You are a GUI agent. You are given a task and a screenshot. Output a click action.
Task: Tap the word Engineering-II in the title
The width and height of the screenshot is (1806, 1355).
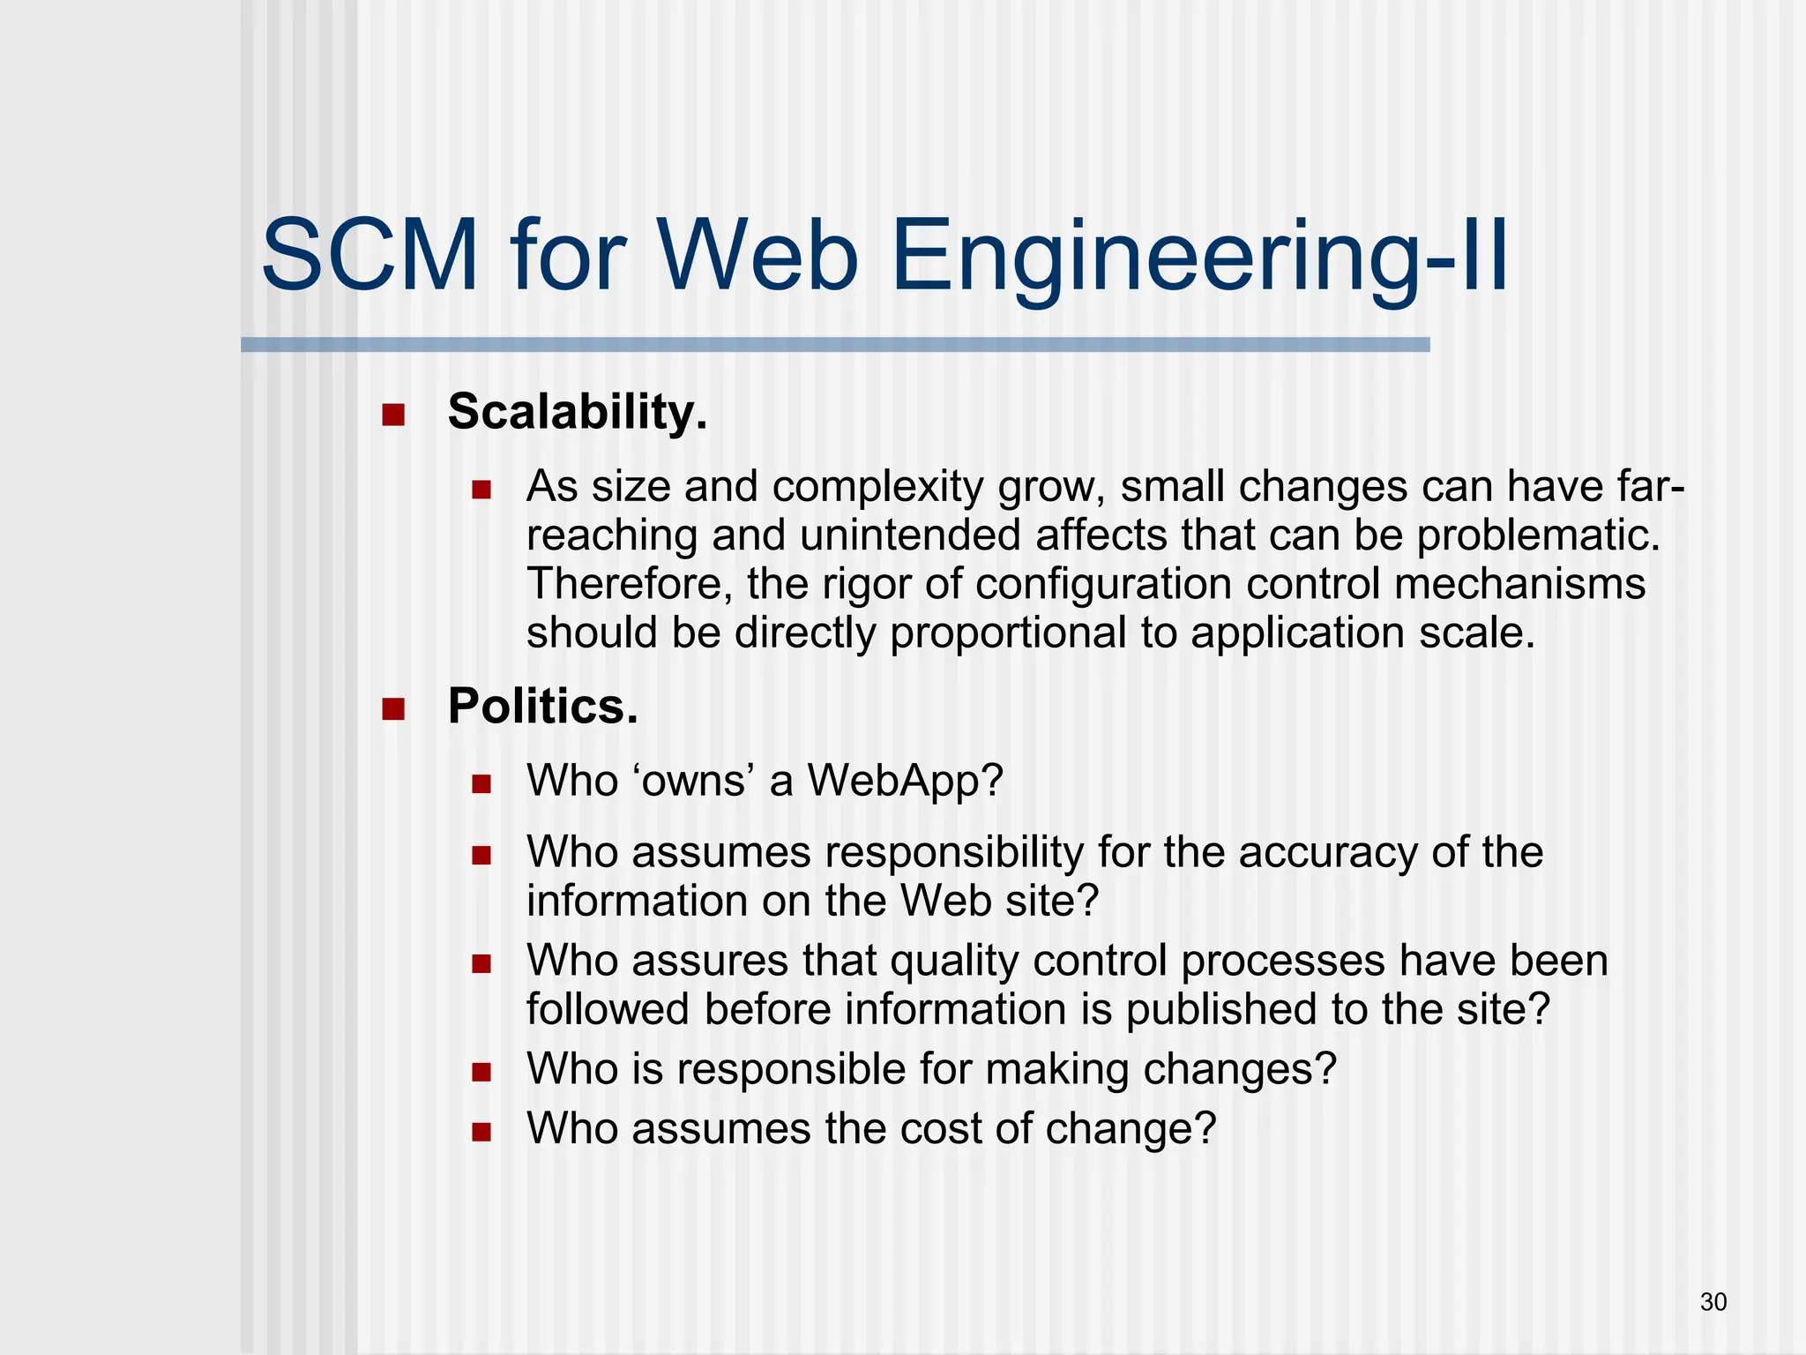[x=1199, y=258]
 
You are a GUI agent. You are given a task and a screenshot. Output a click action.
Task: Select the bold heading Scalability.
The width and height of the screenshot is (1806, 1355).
[x=578, y=412]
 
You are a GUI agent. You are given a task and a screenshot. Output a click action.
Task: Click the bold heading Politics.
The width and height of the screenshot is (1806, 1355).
[x=542, y=707]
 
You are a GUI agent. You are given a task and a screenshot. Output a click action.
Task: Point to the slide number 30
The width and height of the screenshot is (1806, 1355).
[x=1713, y=1301]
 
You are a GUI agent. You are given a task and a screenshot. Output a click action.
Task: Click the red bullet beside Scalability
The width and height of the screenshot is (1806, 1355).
[x=393, y=415]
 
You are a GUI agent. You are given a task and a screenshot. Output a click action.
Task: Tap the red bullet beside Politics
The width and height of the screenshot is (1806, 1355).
[x=393, y=709]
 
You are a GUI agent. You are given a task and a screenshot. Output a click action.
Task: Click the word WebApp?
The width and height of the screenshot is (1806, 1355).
[x=906, y=781]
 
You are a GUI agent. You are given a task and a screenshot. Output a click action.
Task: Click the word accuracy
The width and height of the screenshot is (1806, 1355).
[x=1328, y=853]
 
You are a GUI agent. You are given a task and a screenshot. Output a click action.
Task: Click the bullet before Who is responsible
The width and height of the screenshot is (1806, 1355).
[x=481, y=1072]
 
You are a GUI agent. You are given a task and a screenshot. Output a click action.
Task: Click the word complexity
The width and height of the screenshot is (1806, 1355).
[x=877, y=487]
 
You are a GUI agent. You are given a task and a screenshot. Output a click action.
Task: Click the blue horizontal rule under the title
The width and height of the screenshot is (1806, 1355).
[x=834, y=345]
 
